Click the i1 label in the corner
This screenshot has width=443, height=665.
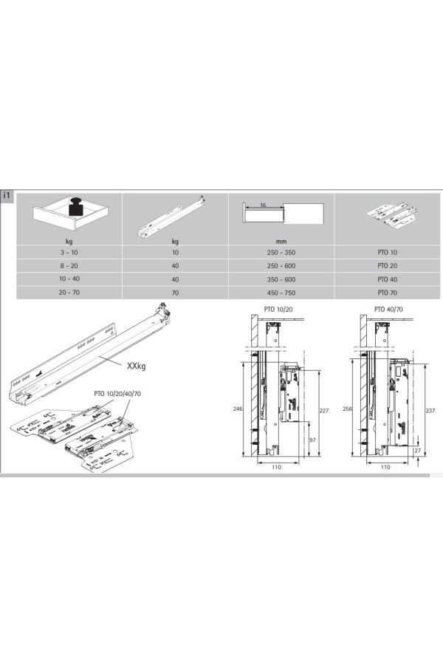click(x=7, y=196)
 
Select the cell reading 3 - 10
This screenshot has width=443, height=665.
click(x=69, y=253)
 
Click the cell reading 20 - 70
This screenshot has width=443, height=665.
click(x=69, y=293)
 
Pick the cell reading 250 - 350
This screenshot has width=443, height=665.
click(x=281, y=253)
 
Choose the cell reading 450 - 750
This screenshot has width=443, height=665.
click(x=281, y=293)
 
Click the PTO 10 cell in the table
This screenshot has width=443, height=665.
click(x=387, y=253)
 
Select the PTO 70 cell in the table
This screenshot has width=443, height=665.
click(x=387, y=293)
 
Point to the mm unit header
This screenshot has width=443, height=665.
click(x=281, y=242)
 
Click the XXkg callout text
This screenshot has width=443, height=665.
click(x=136, y=366)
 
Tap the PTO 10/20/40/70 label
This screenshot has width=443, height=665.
click(x=117, y=394)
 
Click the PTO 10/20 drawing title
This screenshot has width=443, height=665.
click(x=278, y=309)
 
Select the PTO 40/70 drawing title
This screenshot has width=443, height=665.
click(x=388, y=309)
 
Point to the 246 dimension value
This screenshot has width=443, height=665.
click(x=238, y=409)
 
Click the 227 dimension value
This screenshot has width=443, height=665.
click(x=324, y=411)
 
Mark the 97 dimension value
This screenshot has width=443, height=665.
click(x=312, y=440)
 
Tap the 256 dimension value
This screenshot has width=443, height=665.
click(x=347, y=409)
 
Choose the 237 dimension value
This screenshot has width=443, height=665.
click(x=430, y=411)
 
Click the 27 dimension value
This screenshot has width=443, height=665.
click(x=418, y=451)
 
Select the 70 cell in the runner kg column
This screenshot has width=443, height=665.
click(x=175, y=293)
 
